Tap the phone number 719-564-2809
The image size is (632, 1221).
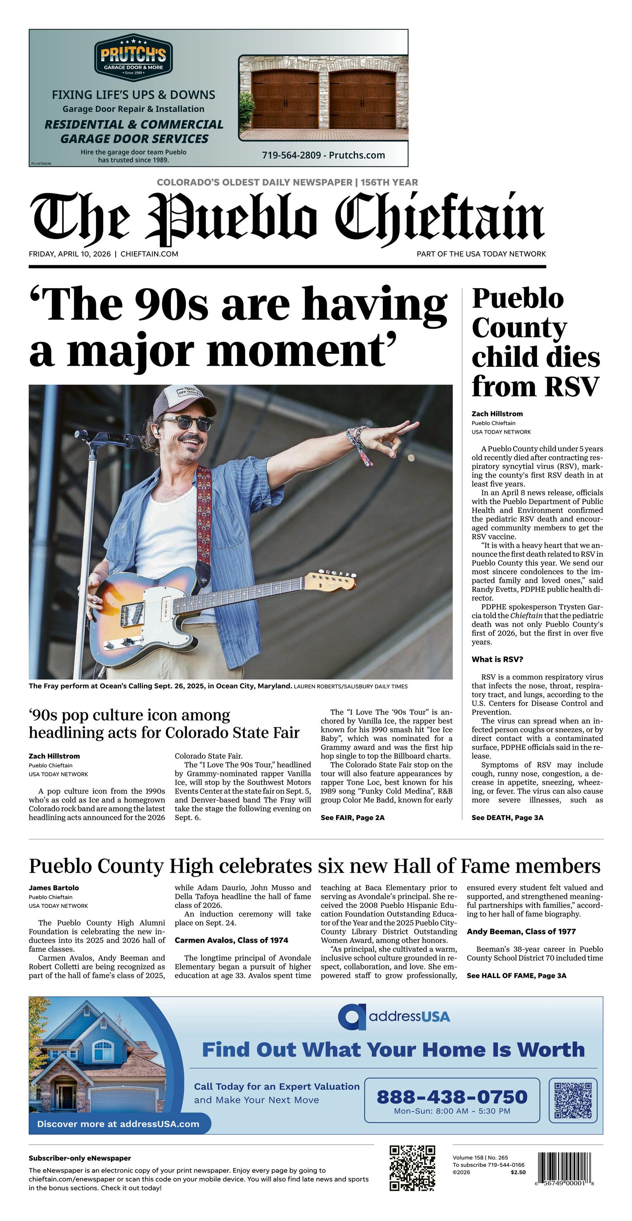pos(291,155)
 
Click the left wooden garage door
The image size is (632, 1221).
pos(284,100)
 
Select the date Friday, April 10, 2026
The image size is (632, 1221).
pos(70,254)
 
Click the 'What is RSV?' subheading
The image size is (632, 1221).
pos(497,659)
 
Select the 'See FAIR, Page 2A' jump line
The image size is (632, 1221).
pos(352,818)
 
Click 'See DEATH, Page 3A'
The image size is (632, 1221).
pos(507,818)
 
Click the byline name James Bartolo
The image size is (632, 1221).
pos(54,888)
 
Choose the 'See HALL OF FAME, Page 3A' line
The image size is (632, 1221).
pos(516,975)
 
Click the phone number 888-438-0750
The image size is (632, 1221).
pos(451,1096)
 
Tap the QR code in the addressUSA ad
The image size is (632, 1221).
pos(573,1100)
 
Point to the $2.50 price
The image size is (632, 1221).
pos(518,1173)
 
